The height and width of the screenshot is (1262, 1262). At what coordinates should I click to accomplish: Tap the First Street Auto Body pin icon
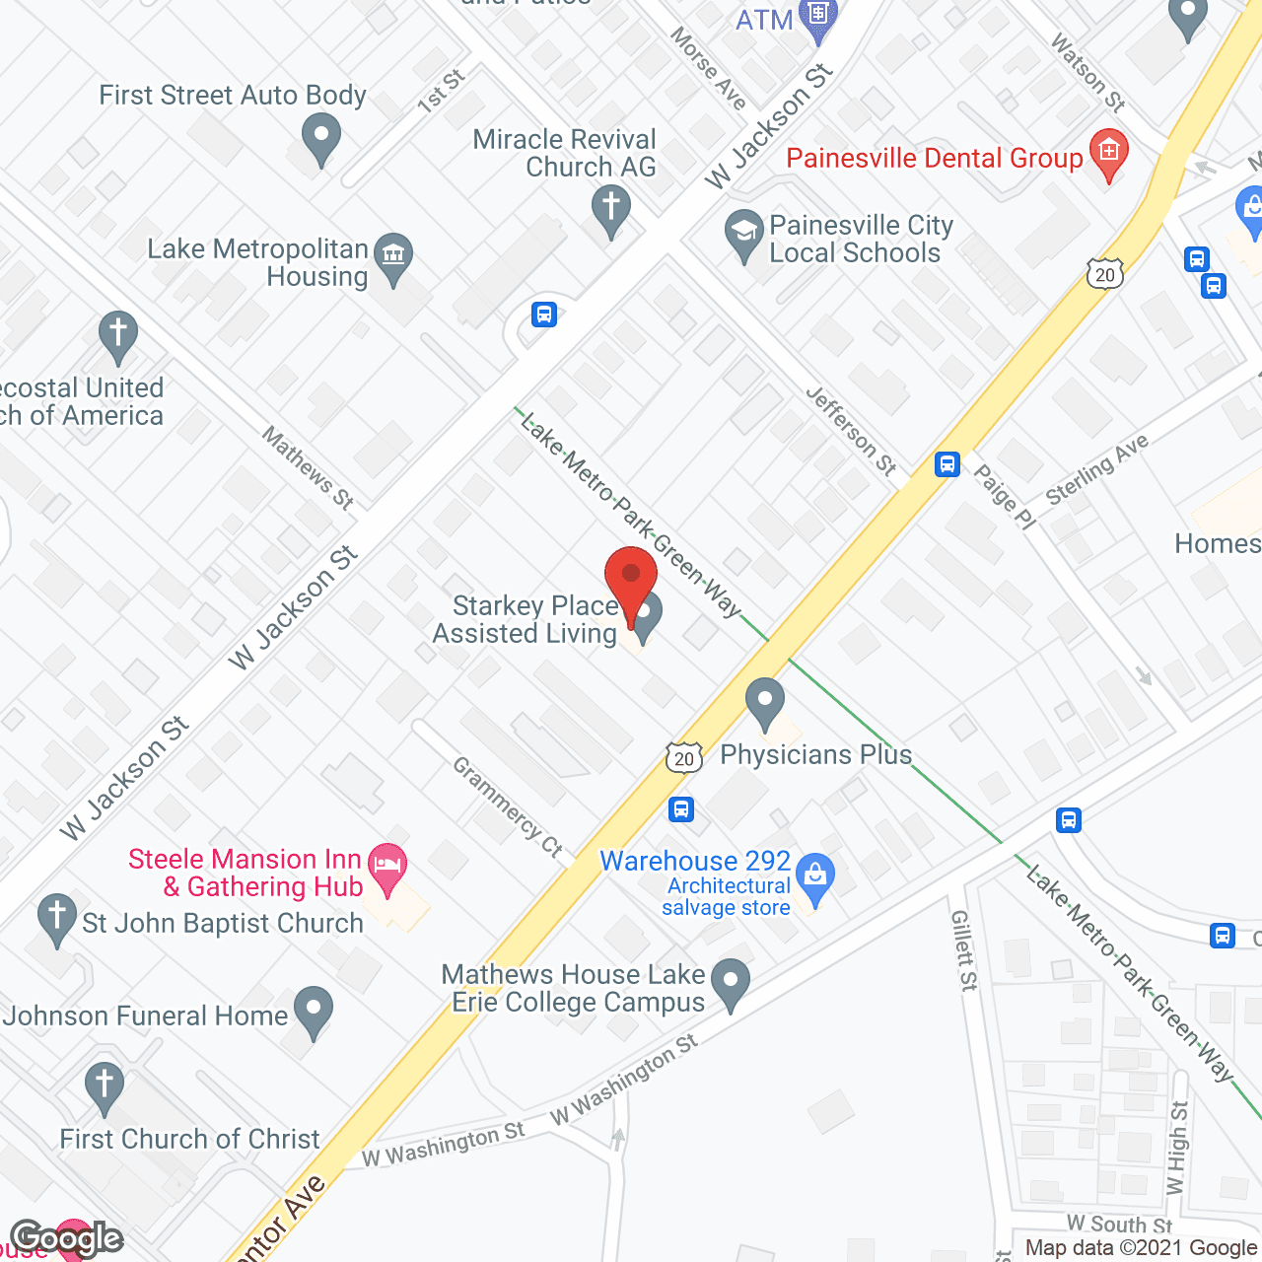[320, 137]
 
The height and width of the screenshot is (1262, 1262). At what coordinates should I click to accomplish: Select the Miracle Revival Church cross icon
[611, 210]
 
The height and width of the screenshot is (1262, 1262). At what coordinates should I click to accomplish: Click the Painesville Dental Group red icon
[1109, 154]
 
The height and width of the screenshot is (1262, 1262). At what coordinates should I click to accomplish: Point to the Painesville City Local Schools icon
[743, 234]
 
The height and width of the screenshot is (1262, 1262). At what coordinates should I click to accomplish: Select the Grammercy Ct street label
[508, 806]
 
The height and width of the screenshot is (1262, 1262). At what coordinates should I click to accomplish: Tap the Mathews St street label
[308, 466]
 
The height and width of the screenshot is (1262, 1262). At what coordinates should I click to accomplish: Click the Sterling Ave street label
[1096, 469]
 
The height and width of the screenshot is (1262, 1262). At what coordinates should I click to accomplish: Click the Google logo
[67, 1238]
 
